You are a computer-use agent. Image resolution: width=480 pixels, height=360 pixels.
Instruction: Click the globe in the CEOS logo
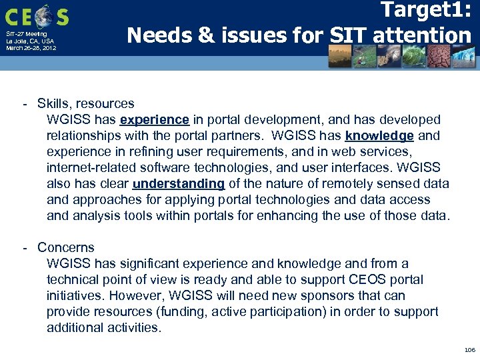[x=41, y=15]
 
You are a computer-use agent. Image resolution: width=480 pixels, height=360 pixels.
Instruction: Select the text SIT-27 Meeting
[x=27, y=34]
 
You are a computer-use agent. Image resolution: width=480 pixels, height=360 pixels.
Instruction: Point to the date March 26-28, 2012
[x=31, y=48]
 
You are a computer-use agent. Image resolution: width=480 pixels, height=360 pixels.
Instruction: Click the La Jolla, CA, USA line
[x=30, y=41]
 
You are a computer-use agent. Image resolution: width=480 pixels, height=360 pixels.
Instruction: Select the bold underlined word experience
[x=155, y=120]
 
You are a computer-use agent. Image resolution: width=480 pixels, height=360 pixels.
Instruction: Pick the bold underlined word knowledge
[x=379, y=136]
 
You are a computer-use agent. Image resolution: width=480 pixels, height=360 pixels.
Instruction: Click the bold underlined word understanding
[x=179, y=184]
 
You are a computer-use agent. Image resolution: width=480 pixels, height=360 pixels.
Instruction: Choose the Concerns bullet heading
[x=66, y=248]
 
